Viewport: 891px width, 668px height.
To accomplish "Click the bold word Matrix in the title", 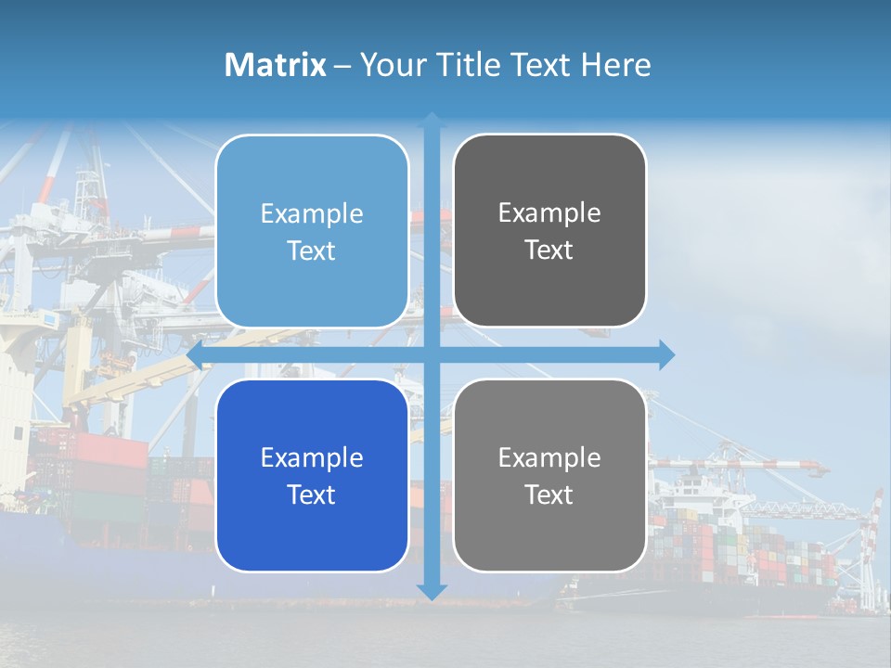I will pyautogui.click(x=275, y=65).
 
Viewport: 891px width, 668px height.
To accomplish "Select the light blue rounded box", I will pyautogui.click(x=312, y=232).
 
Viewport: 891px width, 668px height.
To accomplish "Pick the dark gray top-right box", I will pyautogui.click(x=549, y=231).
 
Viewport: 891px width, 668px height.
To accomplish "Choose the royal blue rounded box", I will pyautogui.click(x=312, y=475).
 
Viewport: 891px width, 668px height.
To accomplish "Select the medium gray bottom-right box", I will pyautogui.click(x=549, y=475).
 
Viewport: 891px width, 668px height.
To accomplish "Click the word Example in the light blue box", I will pyautogui.click(x=312, y=214).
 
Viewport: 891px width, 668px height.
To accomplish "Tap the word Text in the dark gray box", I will pyautogui.click(x=549, y=250).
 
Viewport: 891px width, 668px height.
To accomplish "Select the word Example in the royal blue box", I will pyautogui.click(x=312, y=458).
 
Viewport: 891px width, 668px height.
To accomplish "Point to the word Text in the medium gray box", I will pyautogui.click(x=549, y=495).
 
